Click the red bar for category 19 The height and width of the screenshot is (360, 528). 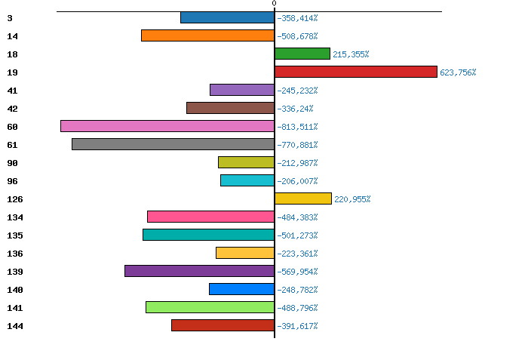[356, 72]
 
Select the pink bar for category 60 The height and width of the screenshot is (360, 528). [167, 126]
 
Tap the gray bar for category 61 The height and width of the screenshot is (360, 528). [173, 144]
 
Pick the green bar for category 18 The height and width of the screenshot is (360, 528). [302, 54]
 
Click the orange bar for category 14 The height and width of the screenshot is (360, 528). [207, 35]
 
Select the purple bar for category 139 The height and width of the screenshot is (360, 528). [199, 271]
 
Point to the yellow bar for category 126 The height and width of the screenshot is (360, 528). [303, 198]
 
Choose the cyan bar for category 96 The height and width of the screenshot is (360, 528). [247, 180]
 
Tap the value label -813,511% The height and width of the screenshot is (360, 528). [297, 127]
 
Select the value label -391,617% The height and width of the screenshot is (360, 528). [297, 326]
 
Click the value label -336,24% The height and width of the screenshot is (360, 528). [295, 109]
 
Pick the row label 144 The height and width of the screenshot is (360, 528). [15, 326]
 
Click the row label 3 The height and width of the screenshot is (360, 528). [9, 18]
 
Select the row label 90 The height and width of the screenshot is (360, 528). [12, 163]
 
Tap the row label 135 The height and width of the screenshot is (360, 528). [15, 235]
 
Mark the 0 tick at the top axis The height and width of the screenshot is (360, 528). [274, 4]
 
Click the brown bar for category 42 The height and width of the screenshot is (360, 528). [230, 108]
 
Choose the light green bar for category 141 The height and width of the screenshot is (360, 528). [210, 307]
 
